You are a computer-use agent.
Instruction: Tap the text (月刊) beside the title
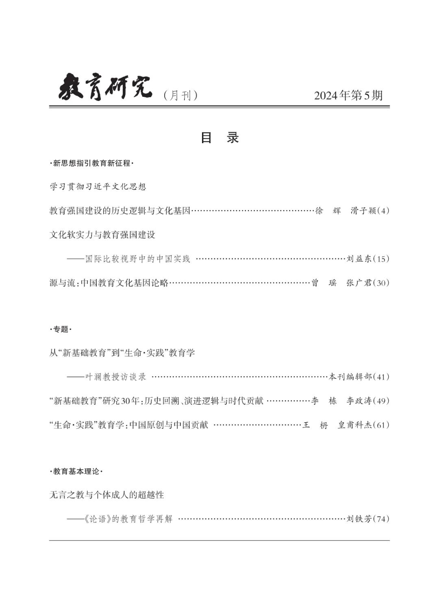point(180,96)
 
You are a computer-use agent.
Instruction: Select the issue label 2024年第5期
point(348,96)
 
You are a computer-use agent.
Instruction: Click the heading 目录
point(219,138)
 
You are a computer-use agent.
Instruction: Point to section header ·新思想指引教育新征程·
point(91,164)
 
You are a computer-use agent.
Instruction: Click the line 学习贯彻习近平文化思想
point(98,187)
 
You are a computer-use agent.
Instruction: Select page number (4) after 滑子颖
point(384,211)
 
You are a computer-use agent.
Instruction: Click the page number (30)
point(382,283)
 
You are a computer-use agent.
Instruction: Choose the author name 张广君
point(359,283)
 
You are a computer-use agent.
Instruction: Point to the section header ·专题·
point(61,330)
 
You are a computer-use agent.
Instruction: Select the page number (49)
point(382,401)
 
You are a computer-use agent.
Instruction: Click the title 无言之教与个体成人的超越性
point(106,495)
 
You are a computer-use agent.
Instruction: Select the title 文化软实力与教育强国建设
point(102,235)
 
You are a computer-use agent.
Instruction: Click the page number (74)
point(382,519)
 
